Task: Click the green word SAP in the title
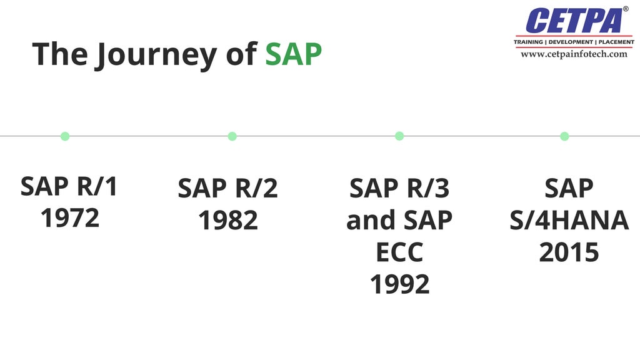[x=293, y=54]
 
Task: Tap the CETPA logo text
[x=574, y=21]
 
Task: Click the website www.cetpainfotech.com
[x=574, y=54]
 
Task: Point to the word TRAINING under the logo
[x=529, y=42]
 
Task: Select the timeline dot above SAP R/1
[x=65, y=136]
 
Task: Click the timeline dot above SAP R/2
[x=232, y=136]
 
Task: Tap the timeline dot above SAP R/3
[x=399, y=136]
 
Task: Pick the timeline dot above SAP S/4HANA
[x=564, y=136]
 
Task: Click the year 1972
[x=70, y=218]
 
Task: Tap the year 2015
[x=569, y=252]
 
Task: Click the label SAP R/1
[x=69, y=186]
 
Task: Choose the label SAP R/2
[x=228, y=188]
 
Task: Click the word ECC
[x=399, y=252]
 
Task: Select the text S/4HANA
[x=569, y=220]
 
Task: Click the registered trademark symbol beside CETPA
[x=626, y=9]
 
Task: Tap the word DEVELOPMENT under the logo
[x=570, y=42]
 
